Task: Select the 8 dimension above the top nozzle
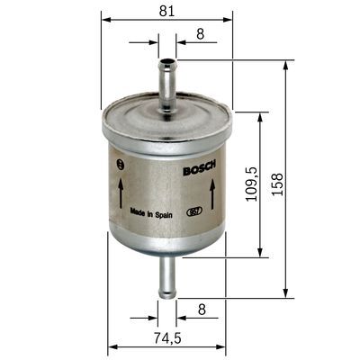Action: point(199,34)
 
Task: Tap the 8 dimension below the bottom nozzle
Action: point(201,310)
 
